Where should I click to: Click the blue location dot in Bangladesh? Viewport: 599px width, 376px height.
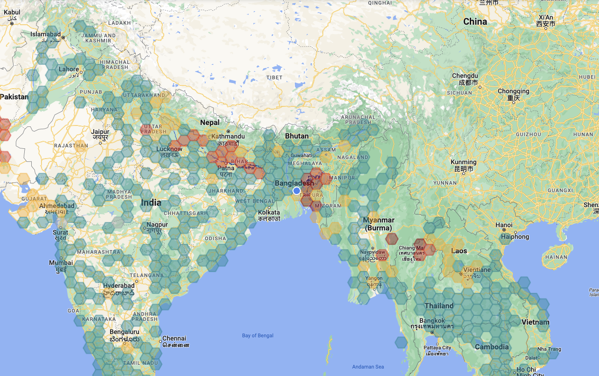(296, 190)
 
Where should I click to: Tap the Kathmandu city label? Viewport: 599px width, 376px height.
(228, 137)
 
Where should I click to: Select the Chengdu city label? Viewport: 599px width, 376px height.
(465, 76)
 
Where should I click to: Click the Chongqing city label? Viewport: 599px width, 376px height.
(513, 91)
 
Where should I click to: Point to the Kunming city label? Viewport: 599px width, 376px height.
(464, 162)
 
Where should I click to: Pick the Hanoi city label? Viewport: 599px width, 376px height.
(504, 225)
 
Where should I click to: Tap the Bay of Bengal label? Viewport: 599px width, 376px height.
(258, 335)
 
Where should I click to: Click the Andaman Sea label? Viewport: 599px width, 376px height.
(368, 367)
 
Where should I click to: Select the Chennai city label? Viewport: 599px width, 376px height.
(174, 339)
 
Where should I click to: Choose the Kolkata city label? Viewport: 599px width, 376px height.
(269, 213)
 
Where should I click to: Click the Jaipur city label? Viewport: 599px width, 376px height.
(100, 132)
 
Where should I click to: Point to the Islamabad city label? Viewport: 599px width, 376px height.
(46, 35)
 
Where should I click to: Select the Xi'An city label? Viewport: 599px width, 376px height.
(545, 17)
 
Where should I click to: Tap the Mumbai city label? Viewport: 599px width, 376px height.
(61, 263)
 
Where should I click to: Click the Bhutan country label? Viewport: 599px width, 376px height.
(296, 136)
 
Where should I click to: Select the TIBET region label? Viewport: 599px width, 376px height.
(274, 77)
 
